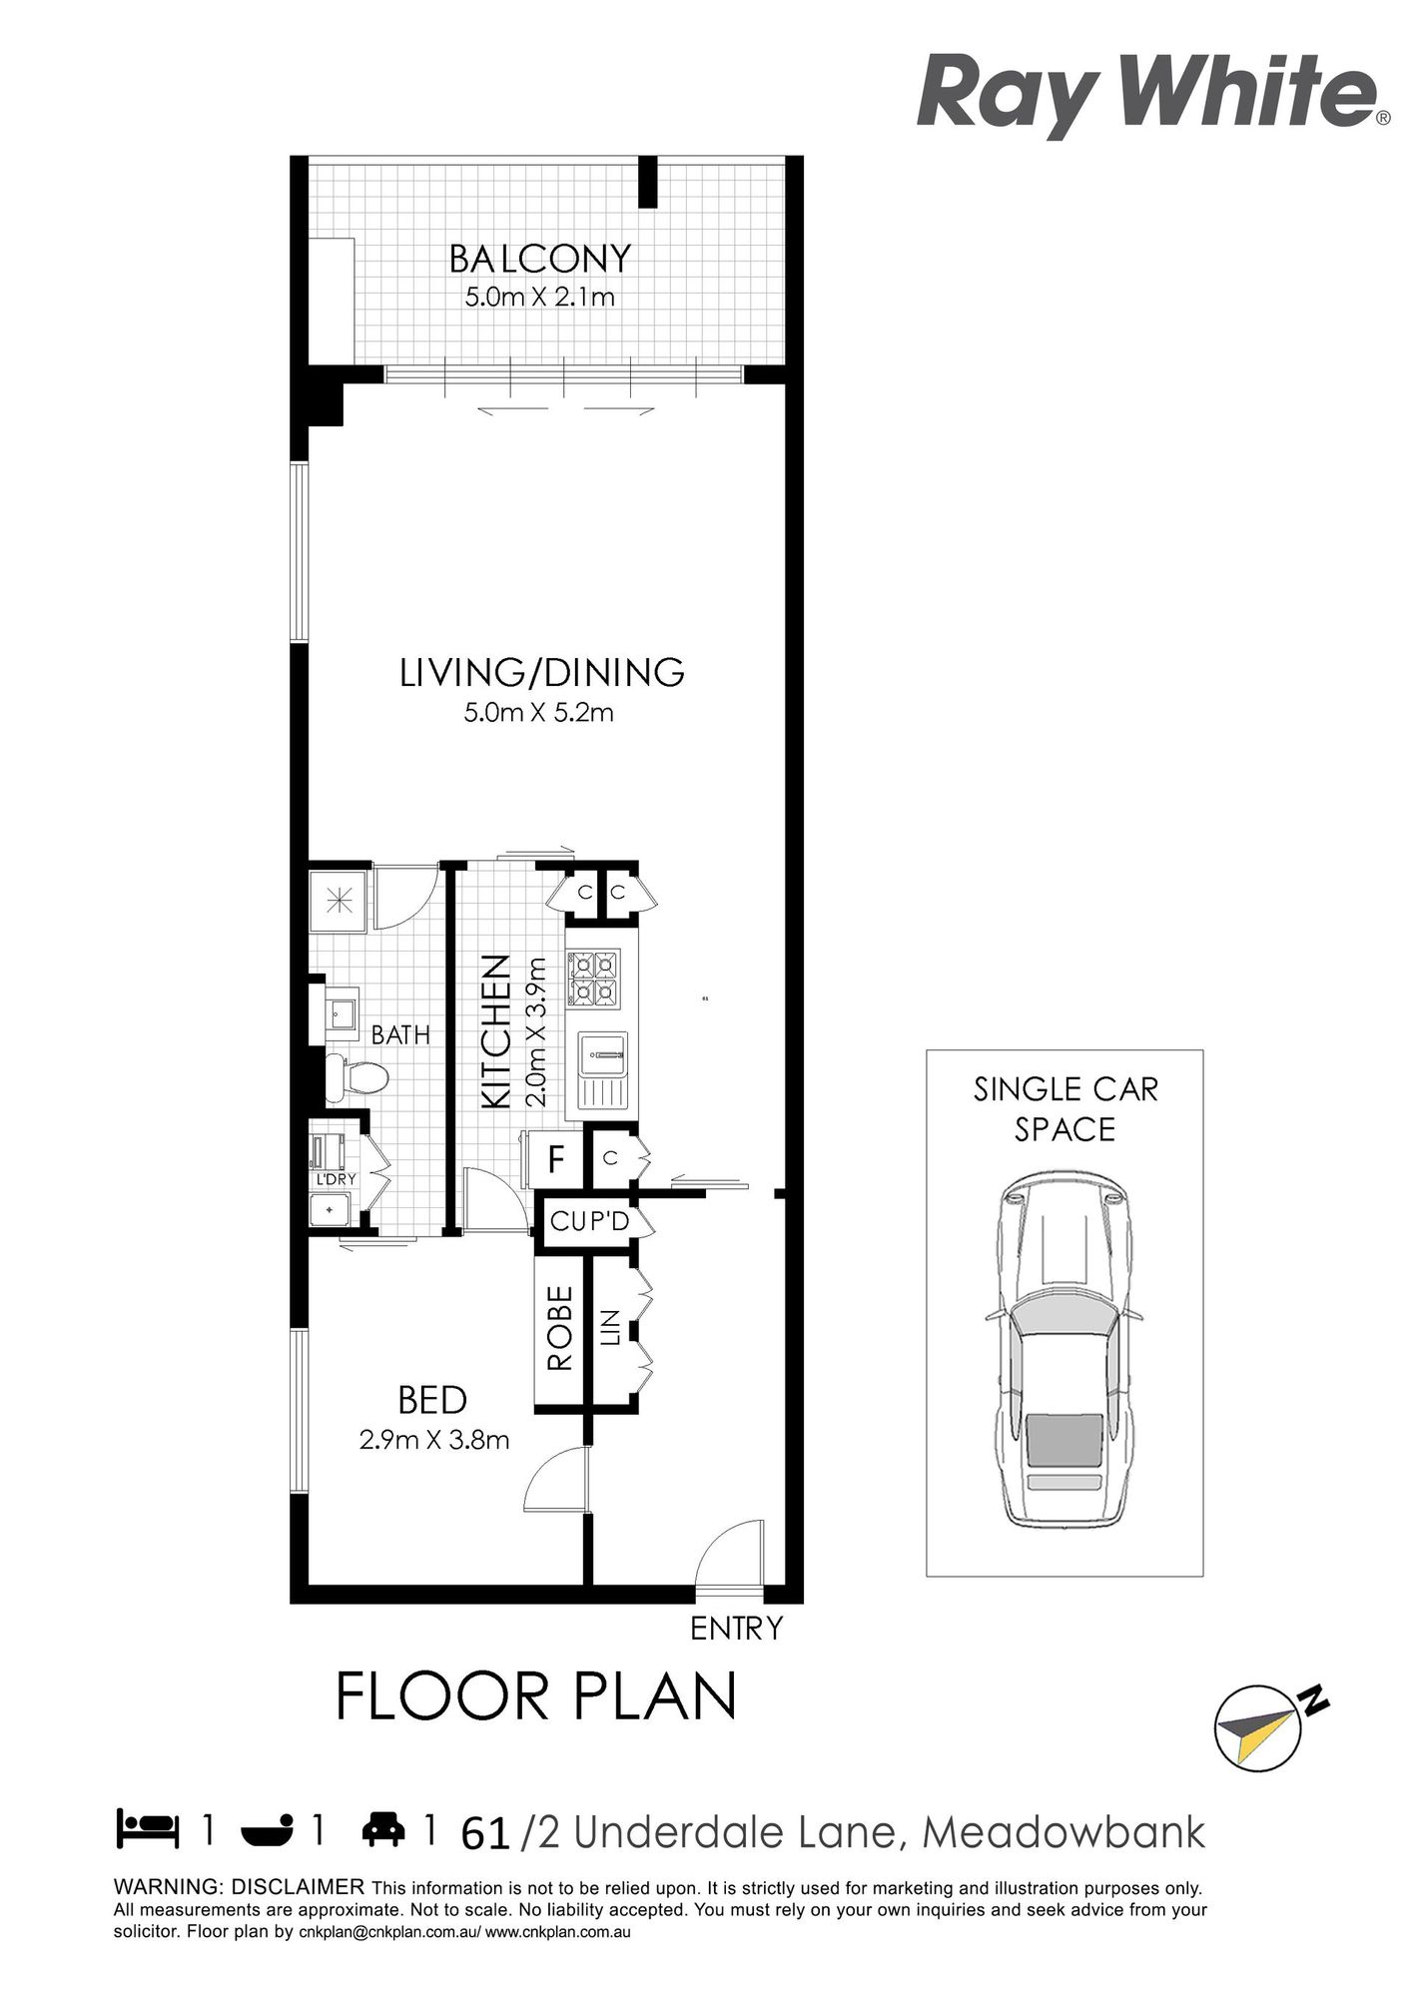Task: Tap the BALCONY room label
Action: (540, 259)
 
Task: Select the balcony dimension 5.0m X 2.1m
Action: (540, 297)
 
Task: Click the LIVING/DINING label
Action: (542, 672)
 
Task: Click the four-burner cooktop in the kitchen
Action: (594, 979)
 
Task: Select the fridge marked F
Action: (557, 1159)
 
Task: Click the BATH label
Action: (400, 1034)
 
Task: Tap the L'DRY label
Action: (336, 1179)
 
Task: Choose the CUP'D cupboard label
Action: (589, 1221)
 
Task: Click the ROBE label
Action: (559, 1327)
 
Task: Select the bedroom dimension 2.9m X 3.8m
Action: (434, 1440)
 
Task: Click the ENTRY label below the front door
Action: (737, 1629)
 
